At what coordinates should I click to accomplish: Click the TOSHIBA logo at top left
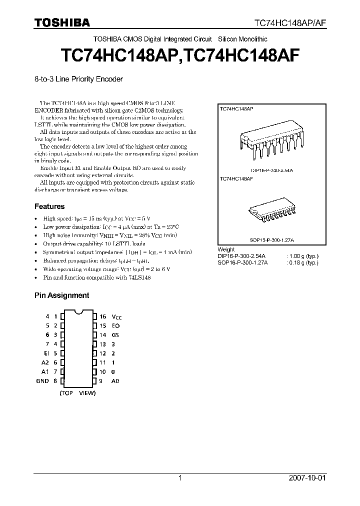[62, 22]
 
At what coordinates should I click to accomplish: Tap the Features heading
[49, 206]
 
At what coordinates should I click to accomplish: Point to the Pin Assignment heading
[61, 295]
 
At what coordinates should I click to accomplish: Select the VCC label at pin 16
[116, 317]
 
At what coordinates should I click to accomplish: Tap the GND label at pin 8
[42, 381]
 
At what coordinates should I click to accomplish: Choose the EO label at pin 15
[115, 326]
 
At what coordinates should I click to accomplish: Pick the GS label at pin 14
[115, 335]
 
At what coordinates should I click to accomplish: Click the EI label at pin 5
[46, 353]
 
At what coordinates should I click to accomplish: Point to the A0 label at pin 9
[115, 381]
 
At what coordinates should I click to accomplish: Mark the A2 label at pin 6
[45, 362]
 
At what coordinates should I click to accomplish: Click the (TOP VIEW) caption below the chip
[77, 393]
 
